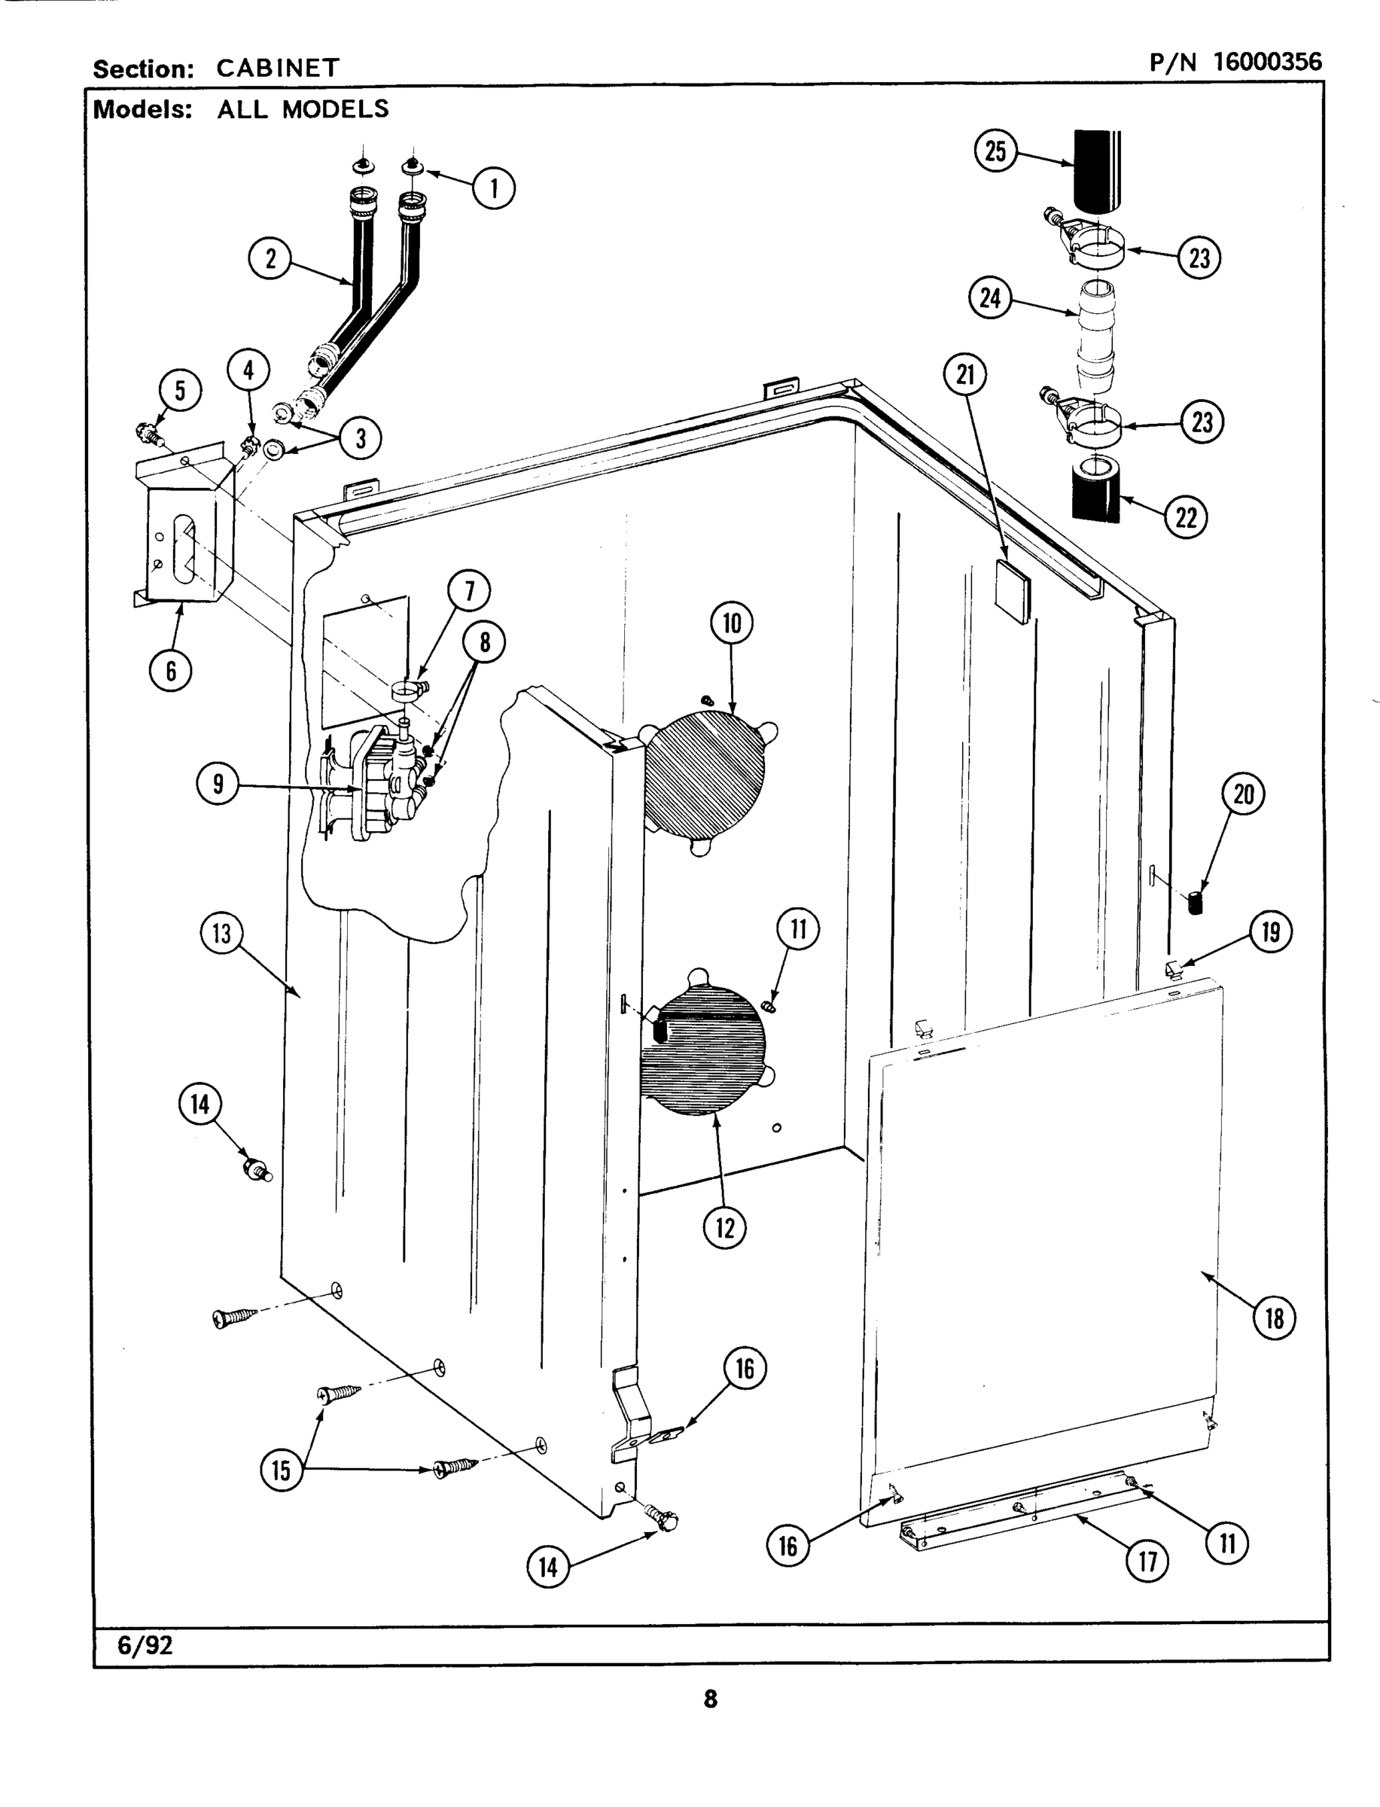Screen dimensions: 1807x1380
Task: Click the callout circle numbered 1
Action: pos(494,188)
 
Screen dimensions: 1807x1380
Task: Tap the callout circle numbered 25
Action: pos(995,151)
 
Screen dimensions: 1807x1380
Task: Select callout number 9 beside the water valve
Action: pos(217,784)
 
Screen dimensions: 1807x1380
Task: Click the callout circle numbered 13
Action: pos(222,934)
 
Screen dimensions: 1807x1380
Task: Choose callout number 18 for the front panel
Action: pos(1273,1318)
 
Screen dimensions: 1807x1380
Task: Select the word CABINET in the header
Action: pos(278,69)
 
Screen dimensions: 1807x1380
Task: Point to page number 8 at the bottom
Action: pos(711,1699)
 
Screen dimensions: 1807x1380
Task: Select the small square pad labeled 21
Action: pos(1011,591)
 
